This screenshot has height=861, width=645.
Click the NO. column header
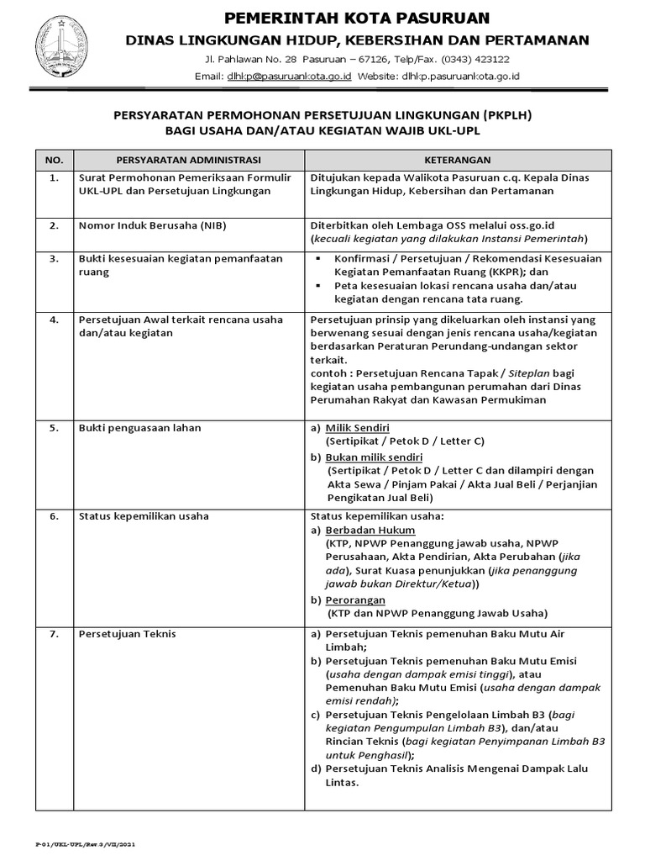pyautogui.click(x=54, y=160)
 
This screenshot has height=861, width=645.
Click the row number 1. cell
pyautogui.click(x=54, y=178)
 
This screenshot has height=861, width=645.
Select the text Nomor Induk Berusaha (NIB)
pyautogui.click(x=152, y=225)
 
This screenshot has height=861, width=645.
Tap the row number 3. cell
pyautogui.click(x=54, y=259)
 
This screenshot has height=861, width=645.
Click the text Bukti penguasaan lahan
pyautogui.click(x=139, y=427)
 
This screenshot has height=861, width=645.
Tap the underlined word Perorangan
pyautogui.click(x=355, y=600)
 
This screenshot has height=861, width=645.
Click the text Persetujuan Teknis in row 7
pyautogui.click(x=127, y=633)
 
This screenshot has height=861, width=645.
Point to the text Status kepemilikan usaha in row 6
pyautogui.click(x=144, y=515)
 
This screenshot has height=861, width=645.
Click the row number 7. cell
pyautogui.click(x=54, y=633)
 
